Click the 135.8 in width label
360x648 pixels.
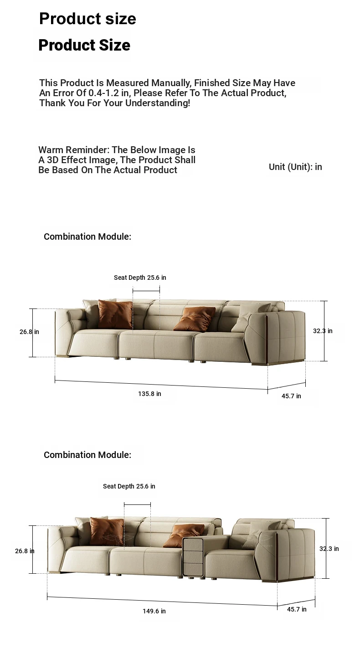coord(149,394)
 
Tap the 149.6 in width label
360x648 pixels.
coord(154,611)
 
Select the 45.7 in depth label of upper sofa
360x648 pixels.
coord(291,396)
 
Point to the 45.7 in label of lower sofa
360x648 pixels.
coord(297,609)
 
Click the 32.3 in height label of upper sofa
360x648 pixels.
coord(323,331)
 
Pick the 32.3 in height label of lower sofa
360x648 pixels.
coord(329,549)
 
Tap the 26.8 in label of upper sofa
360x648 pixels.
coord(29,332)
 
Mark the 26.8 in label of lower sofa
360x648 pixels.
coord(25,551)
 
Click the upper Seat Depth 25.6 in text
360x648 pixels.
coord(140,278)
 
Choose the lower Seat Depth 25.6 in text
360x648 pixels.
coord(129,486)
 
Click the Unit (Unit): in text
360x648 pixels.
coord(295,167)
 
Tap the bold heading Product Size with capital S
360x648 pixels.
coord(84,45)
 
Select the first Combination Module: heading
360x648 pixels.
coord(87,237)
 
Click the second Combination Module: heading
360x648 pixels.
coord(87,455)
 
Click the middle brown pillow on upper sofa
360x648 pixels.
coord(195,319)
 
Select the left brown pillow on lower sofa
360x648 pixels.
coord(107,531)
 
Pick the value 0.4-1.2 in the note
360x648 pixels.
coord(104,93)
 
